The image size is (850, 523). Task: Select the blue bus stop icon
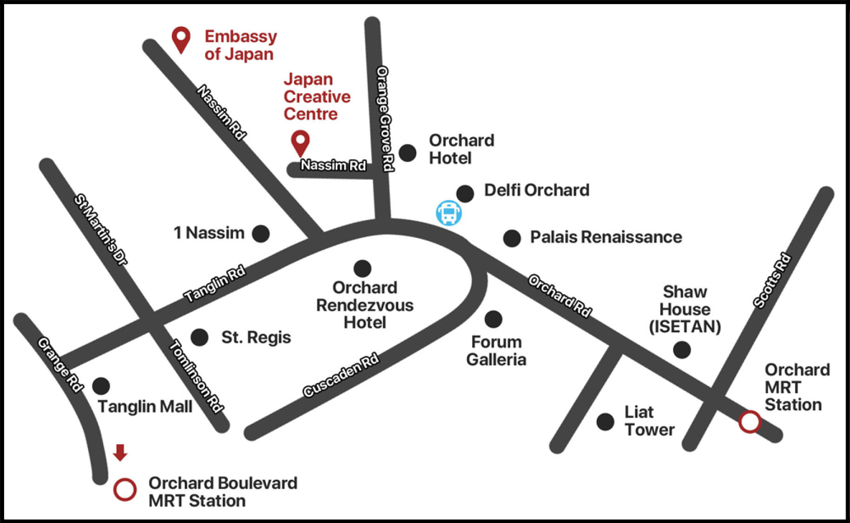(x=449, y=213)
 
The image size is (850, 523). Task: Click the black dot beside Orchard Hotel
(x=407, y=153)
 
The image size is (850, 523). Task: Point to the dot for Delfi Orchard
(x=465, y=194)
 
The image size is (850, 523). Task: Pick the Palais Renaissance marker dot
(x=512, y=238)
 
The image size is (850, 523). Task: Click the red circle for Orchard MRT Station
(x=750, y=422)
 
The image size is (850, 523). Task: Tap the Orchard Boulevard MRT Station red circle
(x=125, y=489)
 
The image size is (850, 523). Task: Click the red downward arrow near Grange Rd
(x=120, y=452)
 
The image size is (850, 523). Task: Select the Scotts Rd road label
(x=773, y=280)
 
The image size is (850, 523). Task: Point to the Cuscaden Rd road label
(x=341, y=375)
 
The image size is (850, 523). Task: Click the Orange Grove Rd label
(x=385, y=119)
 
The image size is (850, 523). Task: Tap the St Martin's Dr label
(x=100, y=229)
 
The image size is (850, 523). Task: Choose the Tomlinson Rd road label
(x=195, y=376)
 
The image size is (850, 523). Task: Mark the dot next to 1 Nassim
(x=261, y=234)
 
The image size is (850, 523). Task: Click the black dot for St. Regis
(x=199, y=337)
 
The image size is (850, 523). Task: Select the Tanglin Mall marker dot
(x=101, y=386)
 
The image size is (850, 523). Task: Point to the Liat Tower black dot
(x=605, y=422)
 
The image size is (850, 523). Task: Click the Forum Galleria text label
(x=496, y=351)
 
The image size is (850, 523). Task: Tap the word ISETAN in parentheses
(x=685, y=327)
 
